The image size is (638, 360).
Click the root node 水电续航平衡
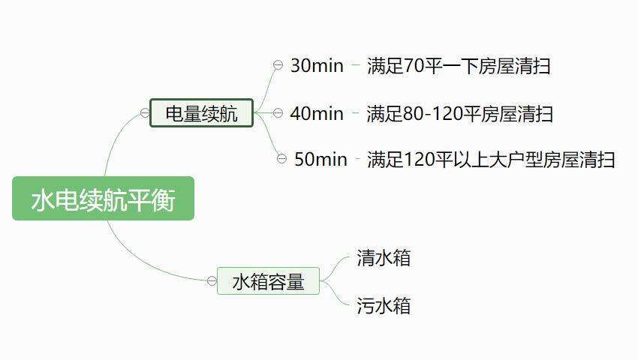[103, 199]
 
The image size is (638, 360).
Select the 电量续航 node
[201, 113]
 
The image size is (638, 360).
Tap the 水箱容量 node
[268, 281]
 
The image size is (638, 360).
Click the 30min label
[316, 66]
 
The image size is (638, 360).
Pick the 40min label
[316, 113]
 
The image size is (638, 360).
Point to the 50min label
[321, 159]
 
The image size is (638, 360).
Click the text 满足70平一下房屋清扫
[459, 66]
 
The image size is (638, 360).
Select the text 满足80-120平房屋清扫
[460, 113]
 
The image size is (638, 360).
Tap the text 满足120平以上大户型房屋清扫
[491, 159]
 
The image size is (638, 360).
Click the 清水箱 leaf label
[384, 259]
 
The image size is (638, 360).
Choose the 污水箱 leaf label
[384, 305]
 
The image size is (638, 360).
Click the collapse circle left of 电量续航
[145, 113]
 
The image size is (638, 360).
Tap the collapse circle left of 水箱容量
[212, 281]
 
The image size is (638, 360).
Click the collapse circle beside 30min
[278, 66]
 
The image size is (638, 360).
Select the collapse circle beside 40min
[278, 113]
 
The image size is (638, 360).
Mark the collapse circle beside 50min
[281, 158]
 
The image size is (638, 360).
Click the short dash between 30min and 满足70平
[356, 66]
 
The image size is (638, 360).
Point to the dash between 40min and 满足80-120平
[356, 113]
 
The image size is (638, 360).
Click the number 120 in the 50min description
[417, 159]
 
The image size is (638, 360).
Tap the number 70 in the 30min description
[414, 66]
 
